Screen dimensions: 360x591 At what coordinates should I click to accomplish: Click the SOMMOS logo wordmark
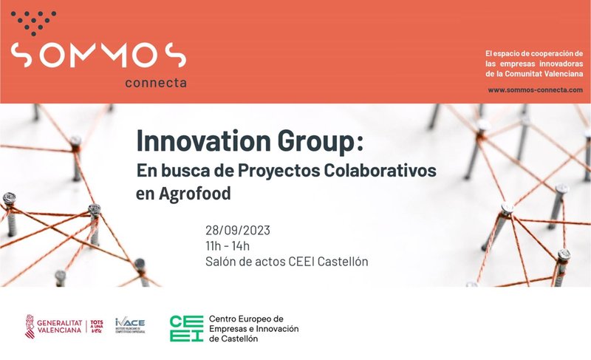point(98,55)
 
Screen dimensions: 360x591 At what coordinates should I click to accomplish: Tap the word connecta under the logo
point(155,83)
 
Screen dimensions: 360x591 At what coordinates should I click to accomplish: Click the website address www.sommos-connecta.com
point(536,89)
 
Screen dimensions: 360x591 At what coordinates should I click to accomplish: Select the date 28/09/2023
point(238,230)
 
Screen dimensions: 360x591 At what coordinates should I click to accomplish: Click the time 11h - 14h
point(228,245)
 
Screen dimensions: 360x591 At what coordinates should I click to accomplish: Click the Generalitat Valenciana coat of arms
point(31,326)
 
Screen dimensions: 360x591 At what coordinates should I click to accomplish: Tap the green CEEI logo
point(185,328)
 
